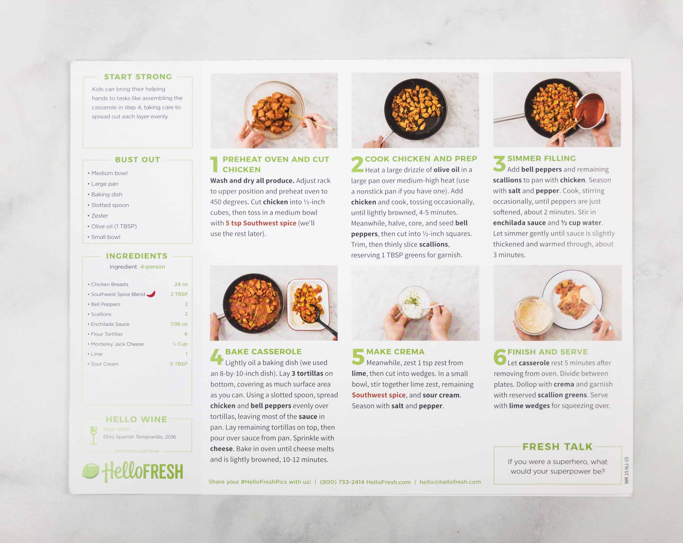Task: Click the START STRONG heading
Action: (x=138, y=77)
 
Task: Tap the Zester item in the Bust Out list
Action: (x=100, y=216)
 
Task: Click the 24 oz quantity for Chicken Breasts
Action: (x=181, y=284)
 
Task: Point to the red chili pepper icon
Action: (x=151, y=293)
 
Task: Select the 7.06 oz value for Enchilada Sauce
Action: (x=179, y=324)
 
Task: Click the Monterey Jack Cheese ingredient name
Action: (x=117, y=344)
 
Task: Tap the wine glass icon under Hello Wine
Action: (x=93, y=435)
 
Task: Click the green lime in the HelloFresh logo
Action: (x=91, y=471)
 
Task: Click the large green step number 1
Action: (x=215, y=164)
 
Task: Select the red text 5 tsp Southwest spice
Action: (x=261, y=223)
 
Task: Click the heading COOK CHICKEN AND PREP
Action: (x=421, y=159)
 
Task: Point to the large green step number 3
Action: (x=499, y=164)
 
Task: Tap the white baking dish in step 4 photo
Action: (x=308, y=304)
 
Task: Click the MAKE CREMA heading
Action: (x=395, y=352)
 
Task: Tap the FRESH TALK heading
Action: (x=557, y=447)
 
